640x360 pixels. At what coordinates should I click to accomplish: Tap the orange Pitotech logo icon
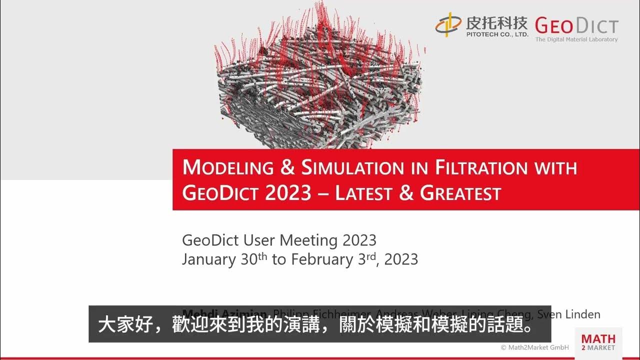[x=448, y=24]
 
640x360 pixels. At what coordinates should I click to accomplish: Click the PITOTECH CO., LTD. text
[x=496, y=35]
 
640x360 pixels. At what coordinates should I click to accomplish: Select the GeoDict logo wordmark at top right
[x=576, y=25]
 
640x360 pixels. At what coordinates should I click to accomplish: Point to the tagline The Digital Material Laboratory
[x=576, y=39]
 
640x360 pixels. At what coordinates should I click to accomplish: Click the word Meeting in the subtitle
[x=308, y=240]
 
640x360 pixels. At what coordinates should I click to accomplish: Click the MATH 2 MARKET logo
[x=598, y=341]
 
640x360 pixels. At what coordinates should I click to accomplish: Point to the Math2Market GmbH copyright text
[x=534, y=347]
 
